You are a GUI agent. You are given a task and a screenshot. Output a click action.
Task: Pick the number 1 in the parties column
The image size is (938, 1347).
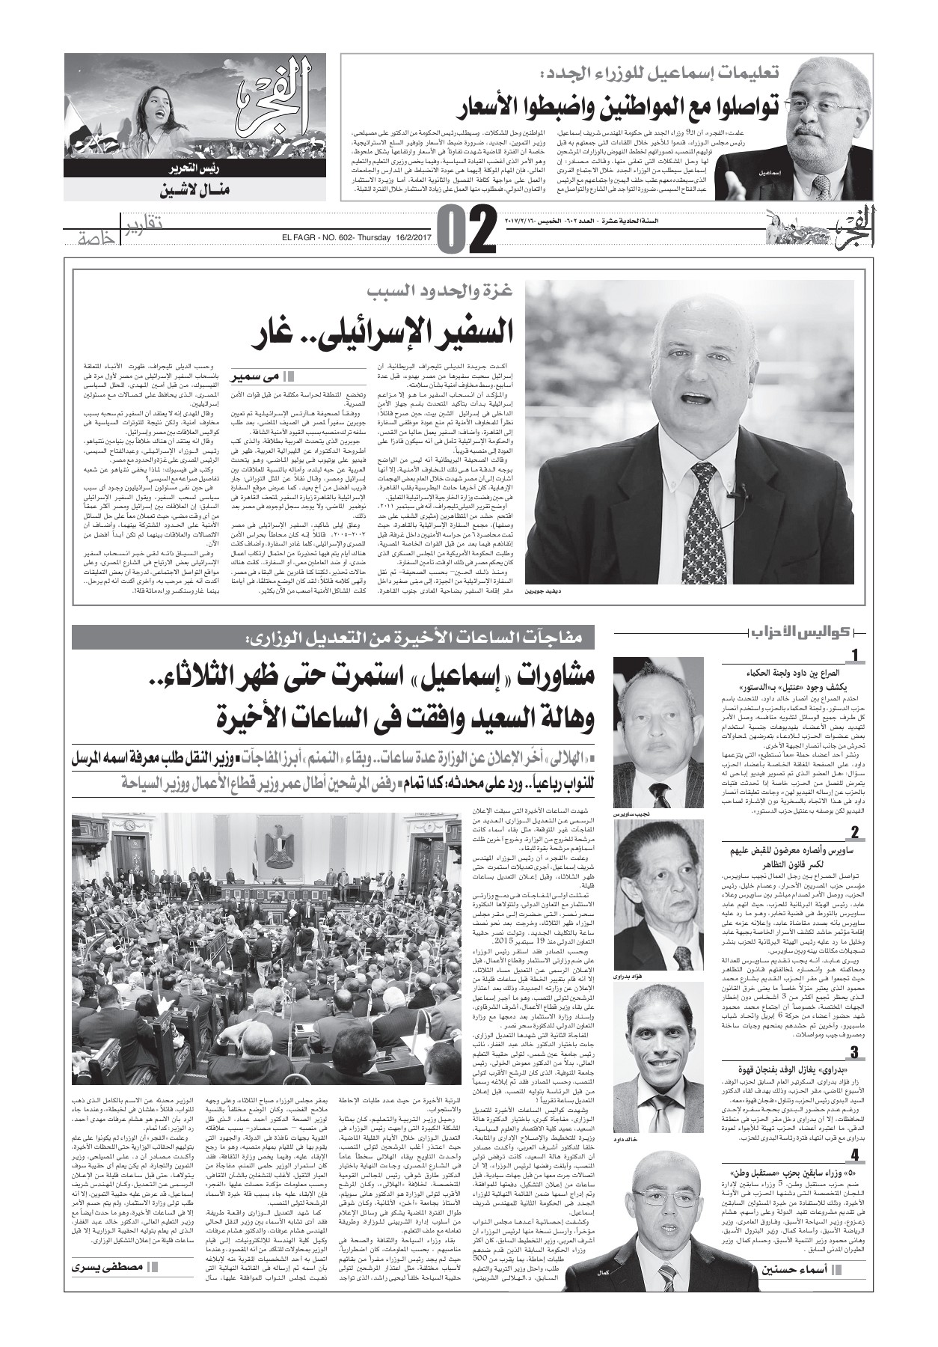(855, 656)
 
